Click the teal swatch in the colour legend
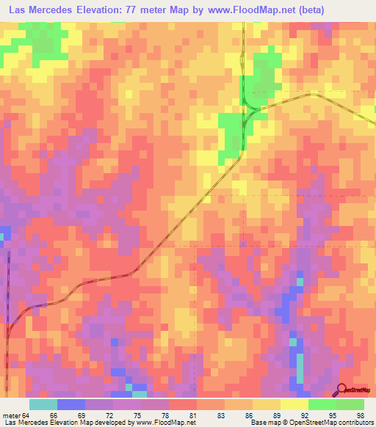(43, 405)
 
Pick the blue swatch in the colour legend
(71, 405)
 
